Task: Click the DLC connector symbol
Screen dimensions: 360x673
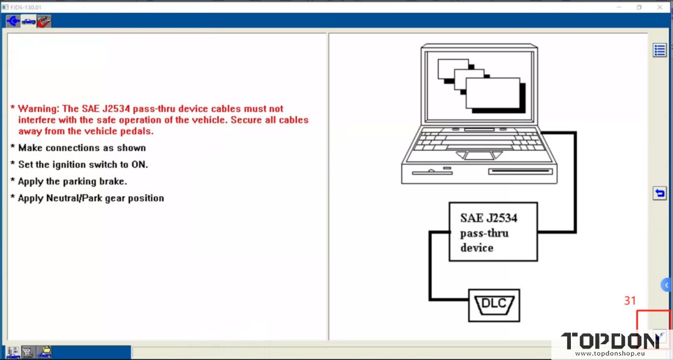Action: coord(494,305)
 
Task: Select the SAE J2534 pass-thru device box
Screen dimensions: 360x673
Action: coord(493,232)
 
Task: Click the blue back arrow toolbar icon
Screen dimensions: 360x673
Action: coord(13,21)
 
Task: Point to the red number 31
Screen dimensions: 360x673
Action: coord(630,301)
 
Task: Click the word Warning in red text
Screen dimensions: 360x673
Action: coord(38,109)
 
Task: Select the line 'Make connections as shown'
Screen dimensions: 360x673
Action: coord(81,148)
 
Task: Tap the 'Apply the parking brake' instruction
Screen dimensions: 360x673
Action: coord(72,181)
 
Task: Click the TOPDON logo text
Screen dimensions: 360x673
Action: coord(610,341)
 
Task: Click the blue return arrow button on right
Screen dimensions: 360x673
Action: coord(660,193)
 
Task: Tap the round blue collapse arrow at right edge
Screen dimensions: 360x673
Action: coord(667,285)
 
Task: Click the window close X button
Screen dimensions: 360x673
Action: coord(660,7)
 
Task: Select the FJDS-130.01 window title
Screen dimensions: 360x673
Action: coord(25,7)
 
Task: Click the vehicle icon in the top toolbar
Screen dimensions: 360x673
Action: coord(29,21)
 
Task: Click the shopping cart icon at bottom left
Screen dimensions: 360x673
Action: coord(28,351)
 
